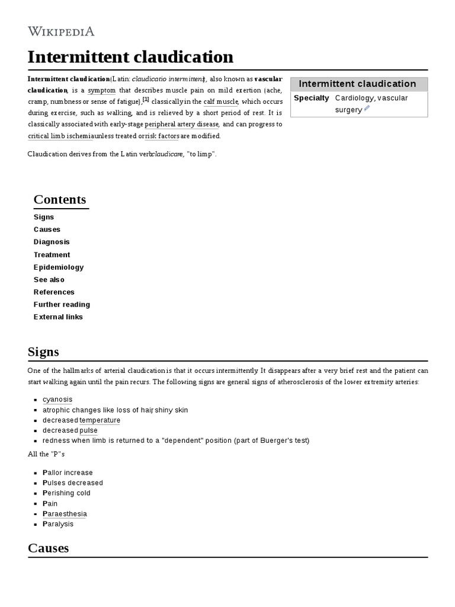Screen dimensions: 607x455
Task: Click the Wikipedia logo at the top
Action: [61, 31]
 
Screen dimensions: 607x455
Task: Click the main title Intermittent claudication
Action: [130, 57]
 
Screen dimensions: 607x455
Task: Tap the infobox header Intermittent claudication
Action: [358, 84]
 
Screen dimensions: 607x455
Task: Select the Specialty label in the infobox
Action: [311, 98]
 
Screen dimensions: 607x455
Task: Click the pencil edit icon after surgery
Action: [367, 109]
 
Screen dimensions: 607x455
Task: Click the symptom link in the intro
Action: [101, 91]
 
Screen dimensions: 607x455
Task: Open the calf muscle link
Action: [220, 102]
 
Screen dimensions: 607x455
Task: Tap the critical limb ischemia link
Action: [57, 136]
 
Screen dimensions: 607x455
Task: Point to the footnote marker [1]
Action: [146, 100]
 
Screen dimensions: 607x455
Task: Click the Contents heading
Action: [60, 199]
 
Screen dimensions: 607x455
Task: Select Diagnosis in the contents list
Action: [52, 242]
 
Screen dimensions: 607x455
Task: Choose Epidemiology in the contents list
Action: [59, 267]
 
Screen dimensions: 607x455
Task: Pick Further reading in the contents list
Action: [62, 304]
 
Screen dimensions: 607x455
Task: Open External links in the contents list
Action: [58, 317]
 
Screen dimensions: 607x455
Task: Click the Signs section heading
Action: [43, 352]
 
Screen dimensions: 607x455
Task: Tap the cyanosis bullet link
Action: [57, 400]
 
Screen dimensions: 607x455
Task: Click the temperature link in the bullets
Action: [100, 420]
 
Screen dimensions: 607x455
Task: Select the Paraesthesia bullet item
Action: [65, 514]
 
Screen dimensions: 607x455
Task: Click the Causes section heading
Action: [48, 548]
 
